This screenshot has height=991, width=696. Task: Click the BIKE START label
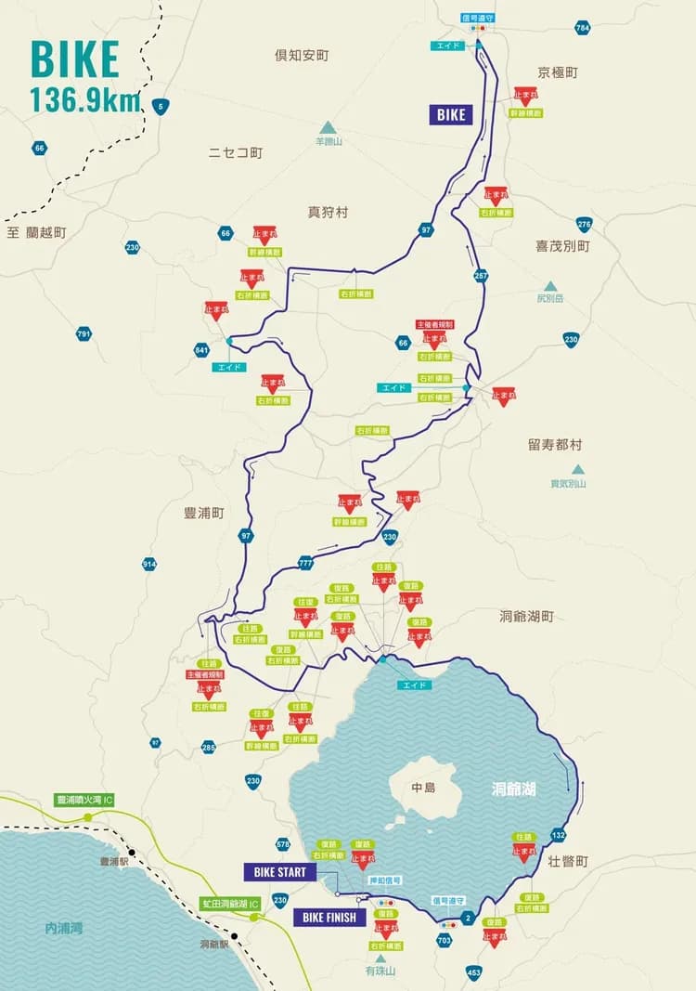[280, 872]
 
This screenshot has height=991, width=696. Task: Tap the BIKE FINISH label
[329, 918]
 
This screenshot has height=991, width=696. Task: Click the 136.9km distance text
[84, 99]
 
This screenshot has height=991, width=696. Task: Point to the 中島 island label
[423, 788]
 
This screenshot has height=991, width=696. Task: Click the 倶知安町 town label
[302, 56]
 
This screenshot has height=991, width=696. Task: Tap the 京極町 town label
[558, 72]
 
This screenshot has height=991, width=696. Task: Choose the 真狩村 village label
[328, 212]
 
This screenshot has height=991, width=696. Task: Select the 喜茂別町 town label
[562, 246]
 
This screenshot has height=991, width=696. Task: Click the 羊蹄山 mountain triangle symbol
[327, 127]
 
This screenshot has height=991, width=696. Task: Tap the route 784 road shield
[582, 28]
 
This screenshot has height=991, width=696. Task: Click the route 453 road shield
[474, 972]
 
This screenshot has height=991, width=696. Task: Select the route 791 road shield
[84, 333]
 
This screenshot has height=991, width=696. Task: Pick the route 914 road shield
[149, 564]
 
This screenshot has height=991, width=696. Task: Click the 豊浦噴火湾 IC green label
[84, 800]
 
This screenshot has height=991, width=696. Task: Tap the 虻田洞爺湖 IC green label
[232, 903]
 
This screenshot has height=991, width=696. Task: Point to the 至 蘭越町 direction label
[37, 232]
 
